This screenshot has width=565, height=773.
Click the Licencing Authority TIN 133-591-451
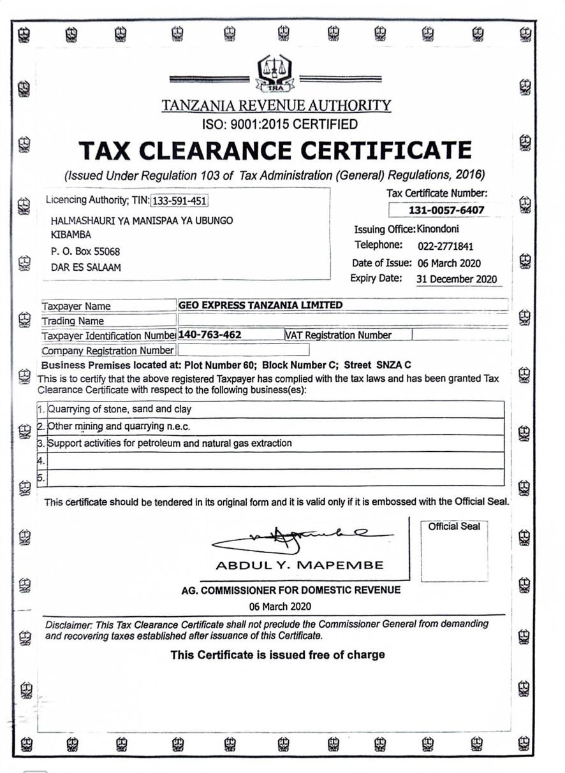[x=180, y=201]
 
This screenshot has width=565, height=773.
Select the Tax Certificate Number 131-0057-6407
[x=446, y=210]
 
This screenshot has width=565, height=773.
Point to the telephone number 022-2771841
[x=445, y=246]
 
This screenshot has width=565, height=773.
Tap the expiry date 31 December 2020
[x=456, y=279]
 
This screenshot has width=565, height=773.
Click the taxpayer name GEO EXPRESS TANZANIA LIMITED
[x=261, y=305]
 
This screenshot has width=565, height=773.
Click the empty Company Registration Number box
[x=243, y=350]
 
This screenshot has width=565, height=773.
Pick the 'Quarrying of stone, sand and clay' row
[x=120, y=409]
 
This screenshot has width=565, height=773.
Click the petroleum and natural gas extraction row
[x=170, y=443]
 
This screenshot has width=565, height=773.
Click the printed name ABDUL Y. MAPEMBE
[x=300, y=565]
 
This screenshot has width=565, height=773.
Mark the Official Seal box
[x=454, y=551]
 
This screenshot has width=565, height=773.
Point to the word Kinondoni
[x=437, y=229]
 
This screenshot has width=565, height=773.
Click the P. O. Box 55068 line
[x=85, y=252]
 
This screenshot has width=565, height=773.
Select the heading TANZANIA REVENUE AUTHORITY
[x=276, y=106]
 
